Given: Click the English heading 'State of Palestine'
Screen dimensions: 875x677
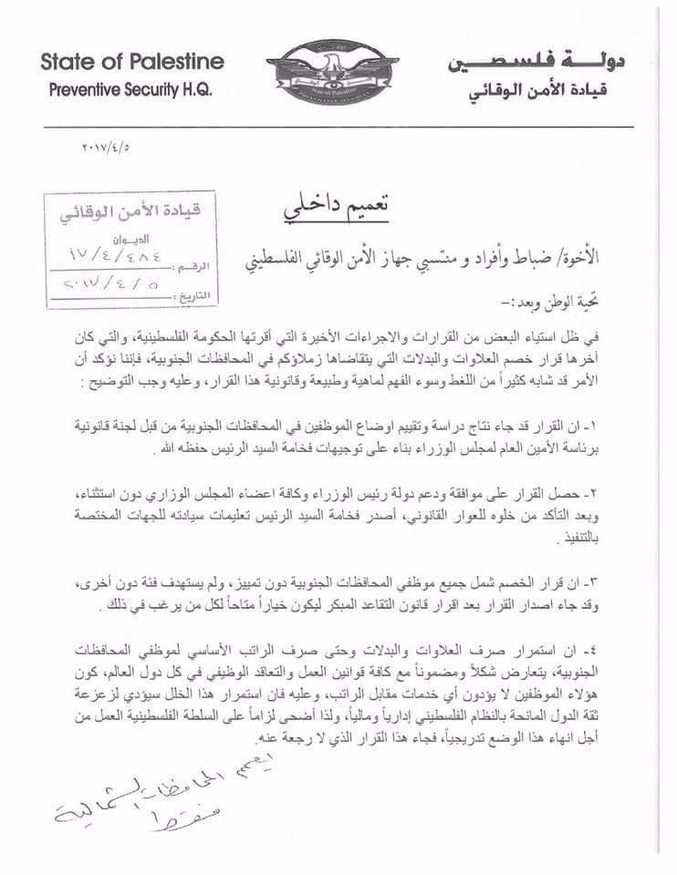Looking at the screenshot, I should pos(131,63).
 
